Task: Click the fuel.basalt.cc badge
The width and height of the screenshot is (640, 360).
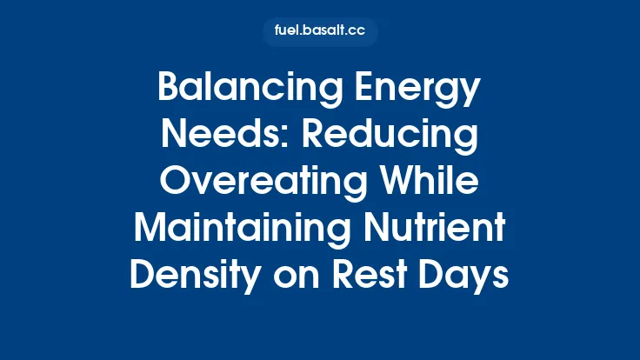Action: click(x=320, y=32)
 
